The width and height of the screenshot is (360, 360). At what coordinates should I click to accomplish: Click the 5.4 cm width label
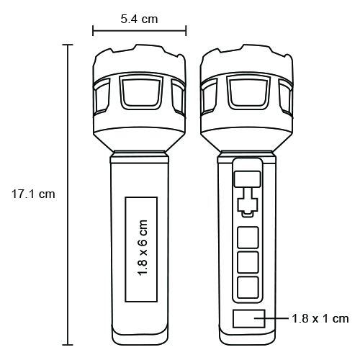(139, 19)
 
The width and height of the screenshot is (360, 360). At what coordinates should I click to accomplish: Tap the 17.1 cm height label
(33, 194)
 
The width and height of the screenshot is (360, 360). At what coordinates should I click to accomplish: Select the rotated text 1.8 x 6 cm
(141, 247)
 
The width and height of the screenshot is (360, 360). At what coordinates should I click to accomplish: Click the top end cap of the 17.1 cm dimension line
(69, 45)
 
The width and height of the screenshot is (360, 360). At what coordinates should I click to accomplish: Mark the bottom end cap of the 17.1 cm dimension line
(69, 346)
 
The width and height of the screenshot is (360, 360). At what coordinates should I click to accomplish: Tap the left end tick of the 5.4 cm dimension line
(93, 30)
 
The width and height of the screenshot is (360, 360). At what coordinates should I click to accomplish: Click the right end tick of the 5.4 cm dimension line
(186, 30)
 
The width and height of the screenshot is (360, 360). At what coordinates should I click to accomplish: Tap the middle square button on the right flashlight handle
(248, 261)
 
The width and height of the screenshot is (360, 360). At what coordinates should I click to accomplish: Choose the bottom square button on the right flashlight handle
(248, 287)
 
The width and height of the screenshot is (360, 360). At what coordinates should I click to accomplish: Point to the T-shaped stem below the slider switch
(248, 202)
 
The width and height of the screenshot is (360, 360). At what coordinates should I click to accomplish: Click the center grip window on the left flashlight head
(140, 93)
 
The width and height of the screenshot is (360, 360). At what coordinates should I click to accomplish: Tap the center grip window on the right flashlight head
(248, 93)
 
